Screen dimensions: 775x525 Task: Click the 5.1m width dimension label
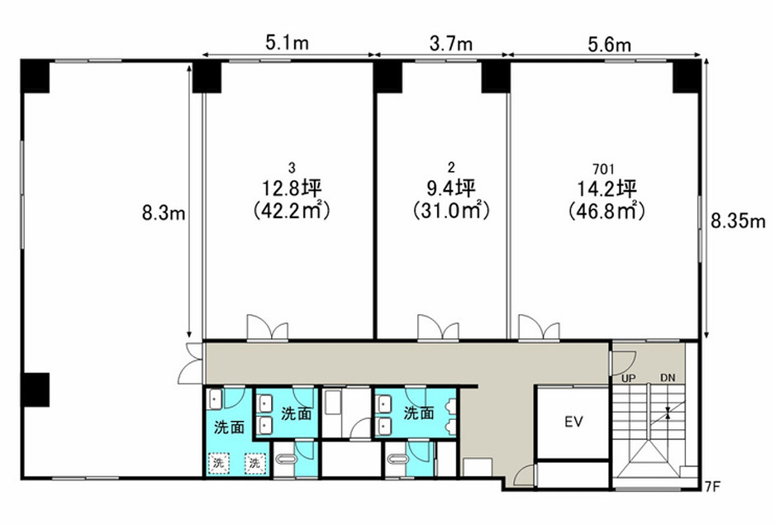click(288, 43)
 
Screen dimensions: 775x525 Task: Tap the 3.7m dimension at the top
click(451, 44)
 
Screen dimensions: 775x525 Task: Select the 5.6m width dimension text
click(610, 45)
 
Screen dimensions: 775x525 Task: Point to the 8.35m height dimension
click(738, 221)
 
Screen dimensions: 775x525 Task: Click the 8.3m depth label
click(164, 213)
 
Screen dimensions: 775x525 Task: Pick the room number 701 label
click(603, 169)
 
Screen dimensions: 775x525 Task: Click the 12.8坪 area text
click(292, 189)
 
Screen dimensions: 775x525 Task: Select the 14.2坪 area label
click(606, 189)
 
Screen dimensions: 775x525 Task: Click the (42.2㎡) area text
click(292, 211)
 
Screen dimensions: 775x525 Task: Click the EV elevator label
click(573, 422)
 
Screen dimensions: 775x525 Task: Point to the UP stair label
click(628, 378)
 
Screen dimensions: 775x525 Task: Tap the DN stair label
click(668, 378)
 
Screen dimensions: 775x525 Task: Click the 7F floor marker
click(713, 486)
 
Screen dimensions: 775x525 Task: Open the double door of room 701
click(539, 327)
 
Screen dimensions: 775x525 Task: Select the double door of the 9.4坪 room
click(438, 327)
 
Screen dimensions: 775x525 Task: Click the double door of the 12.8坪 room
click(268, 327)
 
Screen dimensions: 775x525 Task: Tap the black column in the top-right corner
click(687, 77)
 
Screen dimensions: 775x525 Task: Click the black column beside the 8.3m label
click(207, 77)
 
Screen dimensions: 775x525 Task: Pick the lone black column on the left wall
click(35, 390)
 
